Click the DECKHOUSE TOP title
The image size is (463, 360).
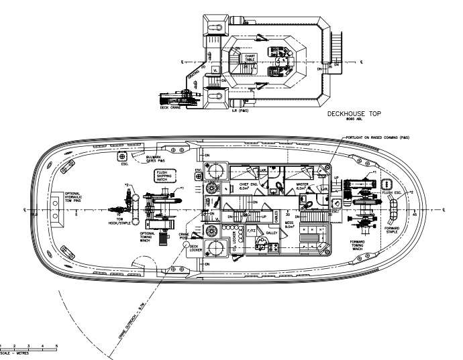pos(353,114)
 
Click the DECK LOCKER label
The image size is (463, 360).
pos(195,249)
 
